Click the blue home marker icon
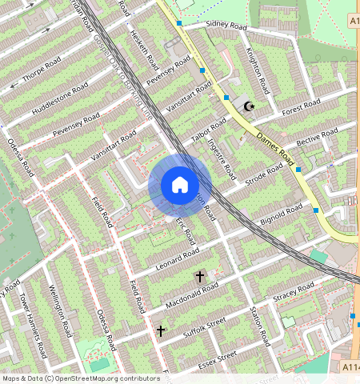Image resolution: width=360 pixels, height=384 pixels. pyautogui.click(x=180, y=186)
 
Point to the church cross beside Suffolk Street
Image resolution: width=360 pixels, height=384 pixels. pyautogui.click(x=161, y=330)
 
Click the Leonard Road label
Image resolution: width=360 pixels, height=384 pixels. pyautogui.click(x=178, y=258)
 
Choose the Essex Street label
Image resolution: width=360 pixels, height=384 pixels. pyautogui.click(x=218, y=355)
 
